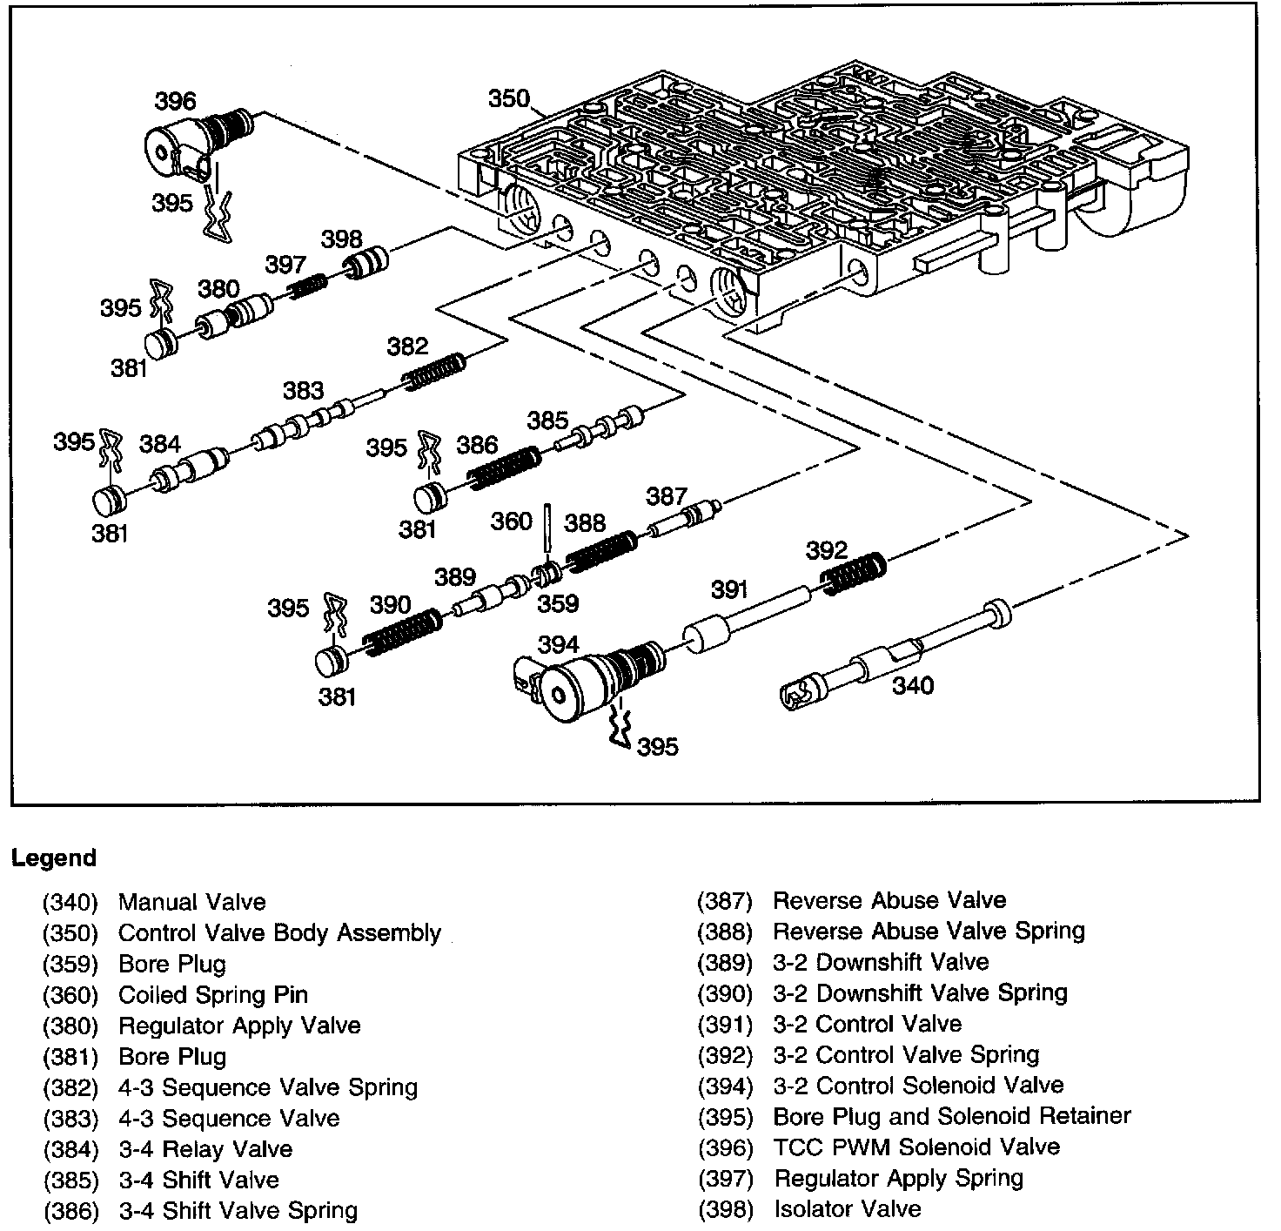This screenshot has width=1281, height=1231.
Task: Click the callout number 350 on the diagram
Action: [x=508, y=98]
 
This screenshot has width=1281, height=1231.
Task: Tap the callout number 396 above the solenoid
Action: [x=176, y=101]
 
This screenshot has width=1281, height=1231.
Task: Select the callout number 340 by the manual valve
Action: [x=913, y=686]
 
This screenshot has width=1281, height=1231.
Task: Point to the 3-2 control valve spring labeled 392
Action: [x=855, y=574]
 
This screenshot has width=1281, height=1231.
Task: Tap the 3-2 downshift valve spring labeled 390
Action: [x=402, y=633]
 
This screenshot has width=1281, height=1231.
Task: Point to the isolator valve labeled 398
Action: [x=366, y=262]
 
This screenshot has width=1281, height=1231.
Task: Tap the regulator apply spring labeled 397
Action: [x=307, y=286]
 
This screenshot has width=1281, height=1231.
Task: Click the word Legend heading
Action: [x=54, y=858]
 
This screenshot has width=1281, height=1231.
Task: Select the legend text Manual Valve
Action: [x=191, y=902]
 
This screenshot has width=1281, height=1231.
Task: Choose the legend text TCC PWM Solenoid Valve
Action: [x=916, y=1147]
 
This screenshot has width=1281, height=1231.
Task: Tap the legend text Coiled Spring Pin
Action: [x=212, y=994]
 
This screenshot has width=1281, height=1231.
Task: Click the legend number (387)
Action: [x=724, y=901]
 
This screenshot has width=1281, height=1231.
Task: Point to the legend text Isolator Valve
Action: [x=847, y=1208]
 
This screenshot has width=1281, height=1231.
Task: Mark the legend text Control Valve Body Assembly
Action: [x=279, y=933]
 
